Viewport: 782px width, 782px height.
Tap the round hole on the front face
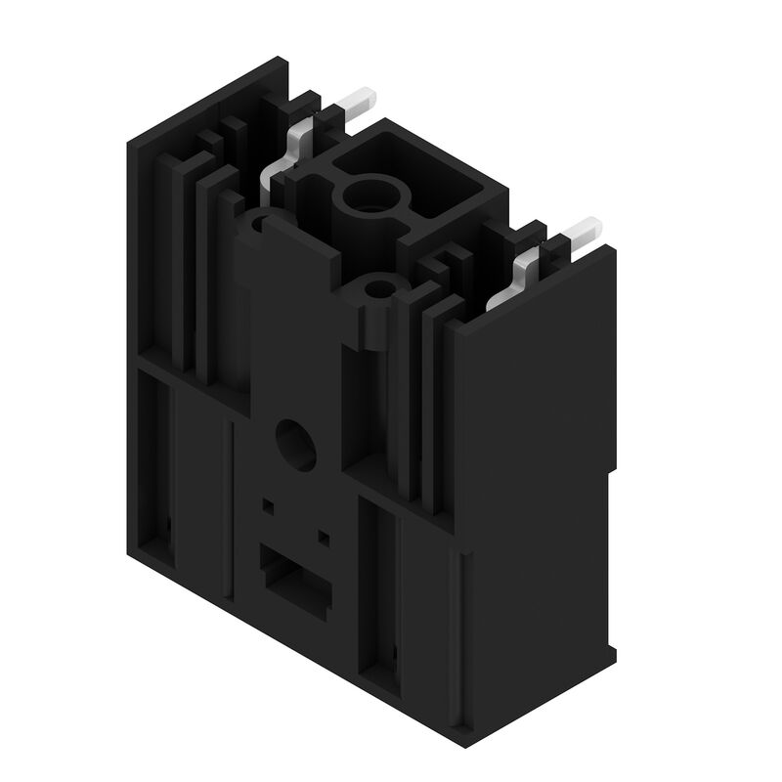point(295,444)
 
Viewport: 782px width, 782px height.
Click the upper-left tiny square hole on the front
point(268,506)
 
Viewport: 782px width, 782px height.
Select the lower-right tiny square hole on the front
point(324,536)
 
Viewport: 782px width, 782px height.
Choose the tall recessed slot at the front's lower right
point(380,586)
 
